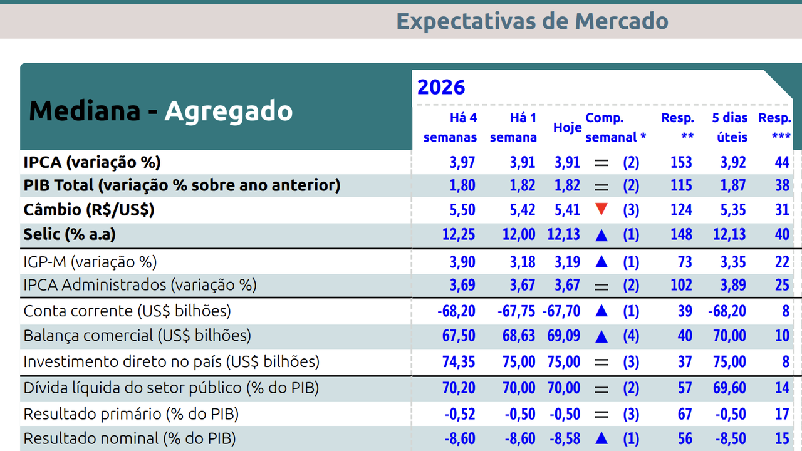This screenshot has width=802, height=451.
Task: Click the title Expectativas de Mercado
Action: coord(532,21)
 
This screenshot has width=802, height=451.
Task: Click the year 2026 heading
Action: coord(441,86)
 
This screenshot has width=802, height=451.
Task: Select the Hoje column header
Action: coord(567,127)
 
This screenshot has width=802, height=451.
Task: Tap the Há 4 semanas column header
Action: coord(450,127)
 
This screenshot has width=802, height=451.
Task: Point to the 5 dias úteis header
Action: coord(729,127)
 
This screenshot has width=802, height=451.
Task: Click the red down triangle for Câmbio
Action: coord(601,209)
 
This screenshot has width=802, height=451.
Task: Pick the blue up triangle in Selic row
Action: coord(601,235)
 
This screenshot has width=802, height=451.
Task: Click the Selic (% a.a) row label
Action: coord(70,234)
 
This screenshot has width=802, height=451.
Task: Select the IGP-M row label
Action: coord(90,261)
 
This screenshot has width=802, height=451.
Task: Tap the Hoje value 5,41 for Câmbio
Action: coord(567,209)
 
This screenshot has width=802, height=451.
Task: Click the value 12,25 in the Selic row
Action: coord(459,234)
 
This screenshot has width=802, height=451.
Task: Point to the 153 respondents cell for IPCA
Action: coord(681,163)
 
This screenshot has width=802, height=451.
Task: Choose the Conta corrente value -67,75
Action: coord(516,311)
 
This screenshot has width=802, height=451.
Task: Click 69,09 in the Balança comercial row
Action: coord(564,336)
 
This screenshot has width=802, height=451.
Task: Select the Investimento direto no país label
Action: coord(171,361)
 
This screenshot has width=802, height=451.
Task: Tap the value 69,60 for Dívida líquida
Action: coord(729,388)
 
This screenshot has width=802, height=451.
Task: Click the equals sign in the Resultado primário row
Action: coord(601,414)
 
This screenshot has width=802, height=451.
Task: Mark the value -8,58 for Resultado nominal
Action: coord(565,438)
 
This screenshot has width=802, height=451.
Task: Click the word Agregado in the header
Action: coord(229,111)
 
